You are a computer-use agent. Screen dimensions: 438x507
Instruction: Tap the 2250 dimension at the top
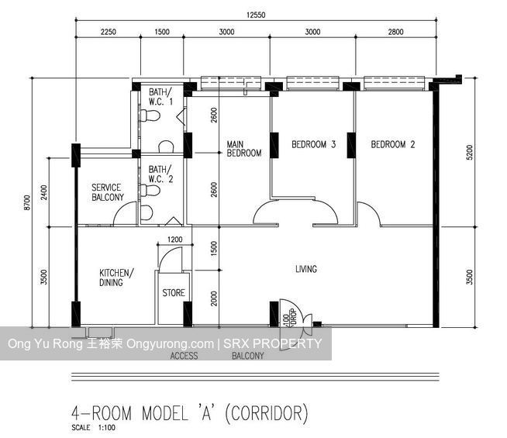coord(107,32)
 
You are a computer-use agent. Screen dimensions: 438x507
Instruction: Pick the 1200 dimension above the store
coord(174,240)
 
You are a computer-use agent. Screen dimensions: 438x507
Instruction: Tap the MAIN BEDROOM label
coord(243,148)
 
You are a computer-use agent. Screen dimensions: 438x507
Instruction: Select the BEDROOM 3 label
coord(313,144)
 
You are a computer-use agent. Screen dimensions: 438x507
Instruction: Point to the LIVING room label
coord(306,269)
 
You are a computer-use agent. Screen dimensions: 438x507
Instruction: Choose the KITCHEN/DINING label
coord(116,278)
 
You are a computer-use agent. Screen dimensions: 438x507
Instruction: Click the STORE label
coord(174,293)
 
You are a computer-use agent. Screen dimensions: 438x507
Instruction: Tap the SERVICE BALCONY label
coord(108,192)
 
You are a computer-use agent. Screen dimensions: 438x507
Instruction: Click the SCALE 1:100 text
coord(90,428)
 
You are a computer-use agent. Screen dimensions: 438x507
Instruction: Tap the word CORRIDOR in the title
coord(266,412)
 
